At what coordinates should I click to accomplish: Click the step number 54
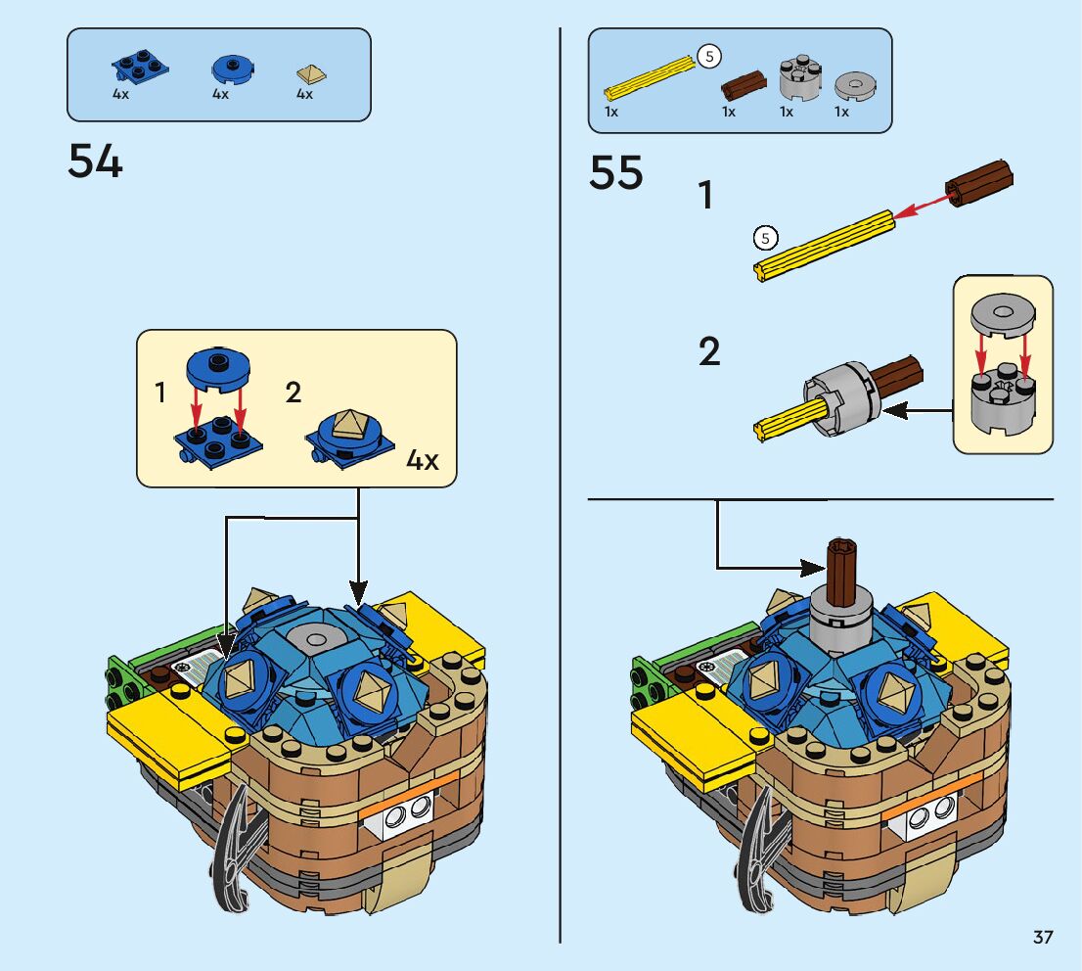95,162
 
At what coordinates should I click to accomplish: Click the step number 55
615,173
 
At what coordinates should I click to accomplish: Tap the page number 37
1043,937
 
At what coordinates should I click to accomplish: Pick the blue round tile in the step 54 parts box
233,69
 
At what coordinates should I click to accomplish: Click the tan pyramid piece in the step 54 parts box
311,73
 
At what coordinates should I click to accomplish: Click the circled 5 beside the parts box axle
709,57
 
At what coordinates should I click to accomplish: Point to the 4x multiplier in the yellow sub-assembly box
423,459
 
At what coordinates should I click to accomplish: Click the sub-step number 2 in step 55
708,351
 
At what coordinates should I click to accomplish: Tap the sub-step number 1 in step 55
705,196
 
